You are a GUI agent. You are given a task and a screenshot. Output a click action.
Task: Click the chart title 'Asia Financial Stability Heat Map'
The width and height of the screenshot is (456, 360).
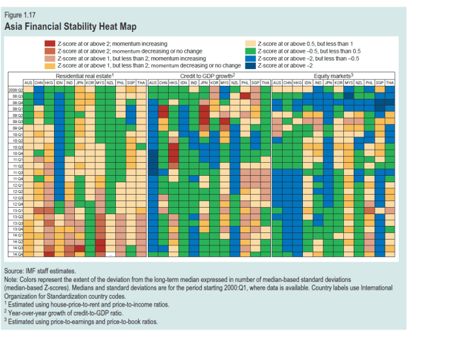click(x=70, y=27)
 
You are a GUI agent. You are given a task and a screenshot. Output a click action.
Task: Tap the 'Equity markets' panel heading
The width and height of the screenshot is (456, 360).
click(x=332, y=76)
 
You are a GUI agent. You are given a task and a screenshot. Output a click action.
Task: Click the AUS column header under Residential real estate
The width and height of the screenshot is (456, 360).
click(x=28, y=83)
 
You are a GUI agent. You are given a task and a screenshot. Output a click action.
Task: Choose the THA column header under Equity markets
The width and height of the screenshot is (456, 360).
click(x=390, y=83)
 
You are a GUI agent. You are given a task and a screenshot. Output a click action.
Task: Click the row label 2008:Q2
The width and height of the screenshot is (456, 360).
click(x=15, y=89)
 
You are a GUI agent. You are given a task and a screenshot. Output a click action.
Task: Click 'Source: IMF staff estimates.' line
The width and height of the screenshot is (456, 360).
click(x=40, y=270)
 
